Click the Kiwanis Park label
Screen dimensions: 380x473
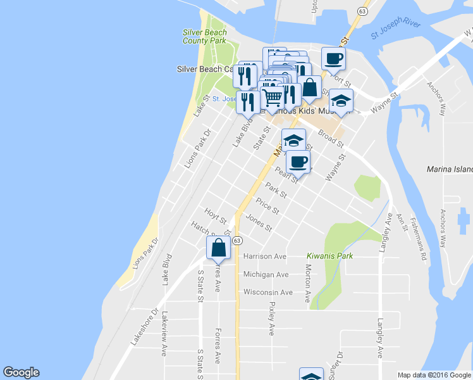pos(329,256)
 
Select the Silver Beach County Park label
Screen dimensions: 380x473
pos(204,36)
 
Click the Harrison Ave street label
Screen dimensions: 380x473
pos(265,256)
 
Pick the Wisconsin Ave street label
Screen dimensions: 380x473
pos(268,293)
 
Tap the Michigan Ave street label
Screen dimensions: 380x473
pos(266,274)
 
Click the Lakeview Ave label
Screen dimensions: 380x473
pos(164,332)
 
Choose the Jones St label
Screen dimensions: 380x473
pos(259,224)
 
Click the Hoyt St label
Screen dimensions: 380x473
pos(215,215)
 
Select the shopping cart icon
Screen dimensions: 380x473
pos(272,98)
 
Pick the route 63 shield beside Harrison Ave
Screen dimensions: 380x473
pos(237,241)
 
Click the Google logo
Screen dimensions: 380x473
pos(21,372)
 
